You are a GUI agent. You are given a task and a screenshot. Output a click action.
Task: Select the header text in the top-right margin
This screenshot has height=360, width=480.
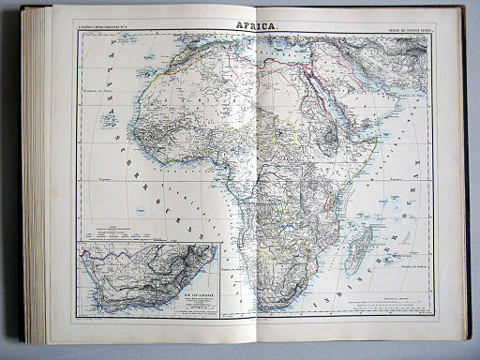pyautogui.click(x=405, y=33)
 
